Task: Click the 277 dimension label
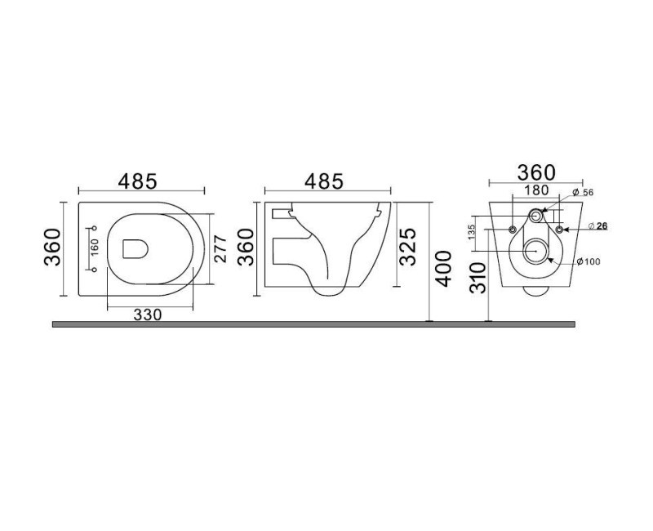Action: tap(220, 249)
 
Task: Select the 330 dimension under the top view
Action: tap(148, 315)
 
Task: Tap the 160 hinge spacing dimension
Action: tap(95, 248)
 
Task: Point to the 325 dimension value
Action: tap(407, 247)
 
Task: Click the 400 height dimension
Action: tap(442, 269)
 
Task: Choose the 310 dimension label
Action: tap(478, 278)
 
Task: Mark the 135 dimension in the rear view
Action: tap(472, 232)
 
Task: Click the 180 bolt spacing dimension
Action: tap(536, 190)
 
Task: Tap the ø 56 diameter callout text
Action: tap(582, 193)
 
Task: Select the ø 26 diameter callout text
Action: tap(598, 226)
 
